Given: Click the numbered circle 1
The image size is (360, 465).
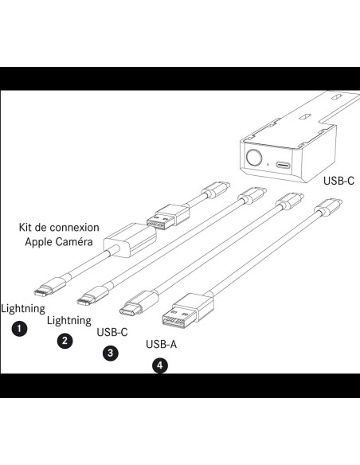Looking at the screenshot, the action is point(19,329).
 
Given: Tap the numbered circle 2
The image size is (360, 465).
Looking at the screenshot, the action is point(65,341).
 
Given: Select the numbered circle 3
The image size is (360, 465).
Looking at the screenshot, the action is point(111,353).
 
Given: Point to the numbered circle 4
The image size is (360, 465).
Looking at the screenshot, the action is point(160,365).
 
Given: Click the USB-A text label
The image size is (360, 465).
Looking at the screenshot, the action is point(162,344).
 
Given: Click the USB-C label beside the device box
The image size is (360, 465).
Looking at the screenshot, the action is point(338,180).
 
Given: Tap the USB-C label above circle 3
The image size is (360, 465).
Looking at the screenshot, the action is point(112,332).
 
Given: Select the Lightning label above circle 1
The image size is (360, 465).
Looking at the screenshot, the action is point(23,309).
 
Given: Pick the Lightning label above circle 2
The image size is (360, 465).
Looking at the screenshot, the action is point(69,321).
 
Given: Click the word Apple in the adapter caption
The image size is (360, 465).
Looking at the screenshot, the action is point(38,242).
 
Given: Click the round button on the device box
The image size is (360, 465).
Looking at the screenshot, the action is point(254,157).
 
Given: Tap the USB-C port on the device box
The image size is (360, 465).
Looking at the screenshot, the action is point(284,164).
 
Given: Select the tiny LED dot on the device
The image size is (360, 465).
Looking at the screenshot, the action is point(268,164).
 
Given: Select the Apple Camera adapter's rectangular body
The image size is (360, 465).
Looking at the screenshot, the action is point(130,240).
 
